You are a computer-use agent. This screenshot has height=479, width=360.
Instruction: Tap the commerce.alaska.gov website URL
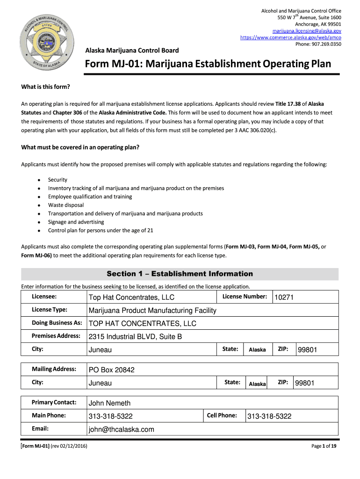(290, 37)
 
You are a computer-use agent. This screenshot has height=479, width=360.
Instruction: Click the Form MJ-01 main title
(207, 64)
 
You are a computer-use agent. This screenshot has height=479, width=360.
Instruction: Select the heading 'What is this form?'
(45, 87)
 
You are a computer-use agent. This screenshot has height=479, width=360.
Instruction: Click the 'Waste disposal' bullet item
(66, 205)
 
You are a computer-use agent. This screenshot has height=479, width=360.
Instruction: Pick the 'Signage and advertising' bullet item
(76, 222)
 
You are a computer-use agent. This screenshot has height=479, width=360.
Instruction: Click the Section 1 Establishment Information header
(180, 274)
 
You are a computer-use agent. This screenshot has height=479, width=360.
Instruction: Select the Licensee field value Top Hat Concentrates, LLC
(131, 298)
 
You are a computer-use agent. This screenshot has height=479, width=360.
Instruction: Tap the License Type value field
(152, 311)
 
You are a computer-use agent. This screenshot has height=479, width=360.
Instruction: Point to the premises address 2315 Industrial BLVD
(135, 337)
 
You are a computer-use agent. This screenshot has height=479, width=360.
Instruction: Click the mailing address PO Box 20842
(112, 370)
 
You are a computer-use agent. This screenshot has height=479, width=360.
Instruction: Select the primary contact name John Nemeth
(110, 403)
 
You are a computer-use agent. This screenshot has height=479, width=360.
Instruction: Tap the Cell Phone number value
(269, 416)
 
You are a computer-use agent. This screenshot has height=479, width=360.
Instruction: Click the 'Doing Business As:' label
(57, 323)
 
